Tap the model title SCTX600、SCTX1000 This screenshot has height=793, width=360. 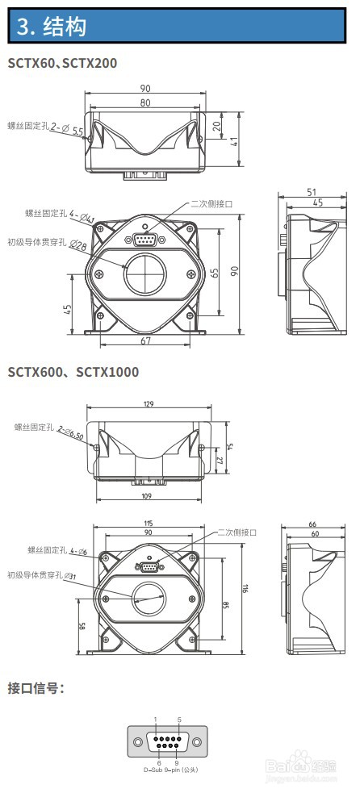[x=73, y=372]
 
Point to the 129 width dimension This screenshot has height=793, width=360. [x=148, y=404]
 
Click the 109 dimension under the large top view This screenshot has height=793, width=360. [x=145, y=495]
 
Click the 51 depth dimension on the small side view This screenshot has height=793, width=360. [x=311, y=191]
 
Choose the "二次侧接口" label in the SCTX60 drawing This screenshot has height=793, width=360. [x=211, y=205]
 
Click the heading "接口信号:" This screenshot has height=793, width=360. [x=36, y=688]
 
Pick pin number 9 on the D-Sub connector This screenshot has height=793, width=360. [x=176, y=763]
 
